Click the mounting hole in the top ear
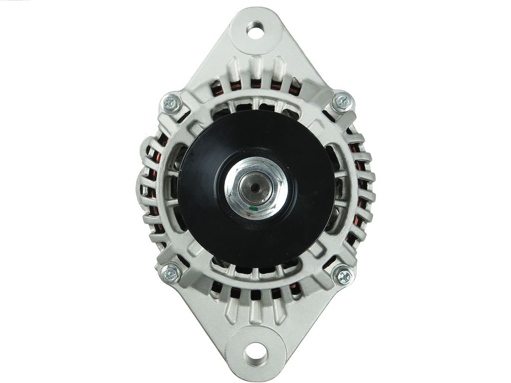pos(255,31)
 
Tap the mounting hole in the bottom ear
pos(255,352)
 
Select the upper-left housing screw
pos(171,103)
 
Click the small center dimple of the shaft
pos(255,187)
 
